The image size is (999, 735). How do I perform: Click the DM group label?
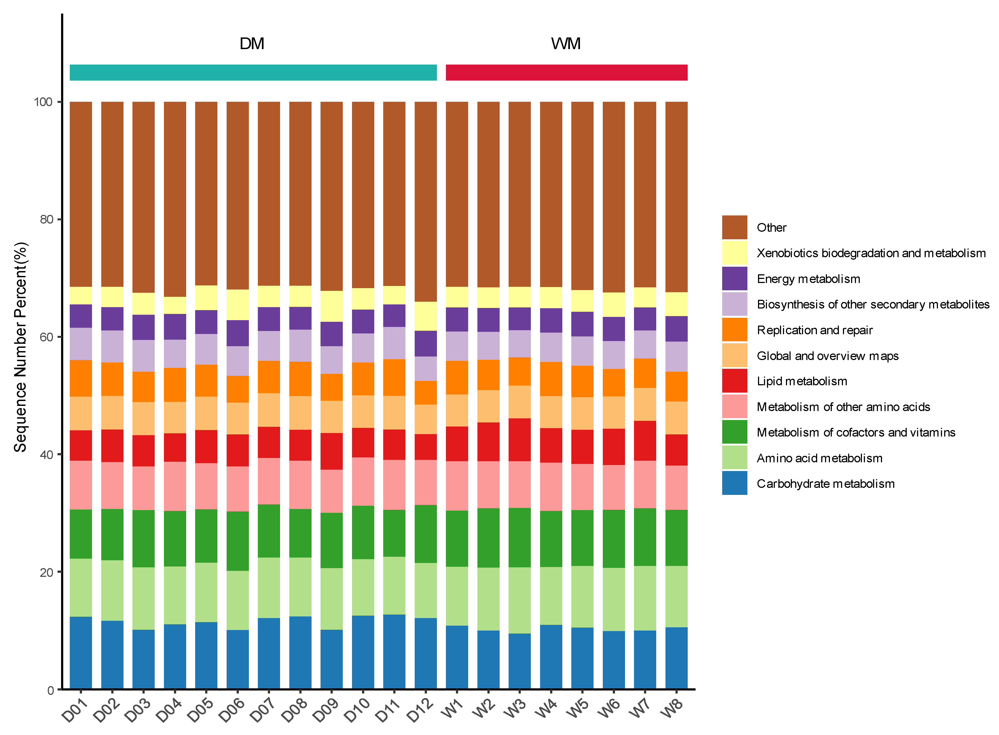click(x=252, y=44)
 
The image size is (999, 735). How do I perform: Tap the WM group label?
click(x=566, y=44)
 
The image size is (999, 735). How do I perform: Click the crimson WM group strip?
click(x=566, y=72)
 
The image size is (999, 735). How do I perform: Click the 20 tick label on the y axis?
click(x=46, y=572)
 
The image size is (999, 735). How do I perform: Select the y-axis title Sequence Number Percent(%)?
click(x=20, y=347)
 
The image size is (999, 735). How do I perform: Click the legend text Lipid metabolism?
click(x=802, y=381)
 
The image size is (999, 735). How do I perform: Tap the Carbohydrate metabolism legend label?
click(x=826, y=483)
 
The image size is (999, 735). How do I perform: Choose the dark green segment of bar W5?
click(x=582, y=538)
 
